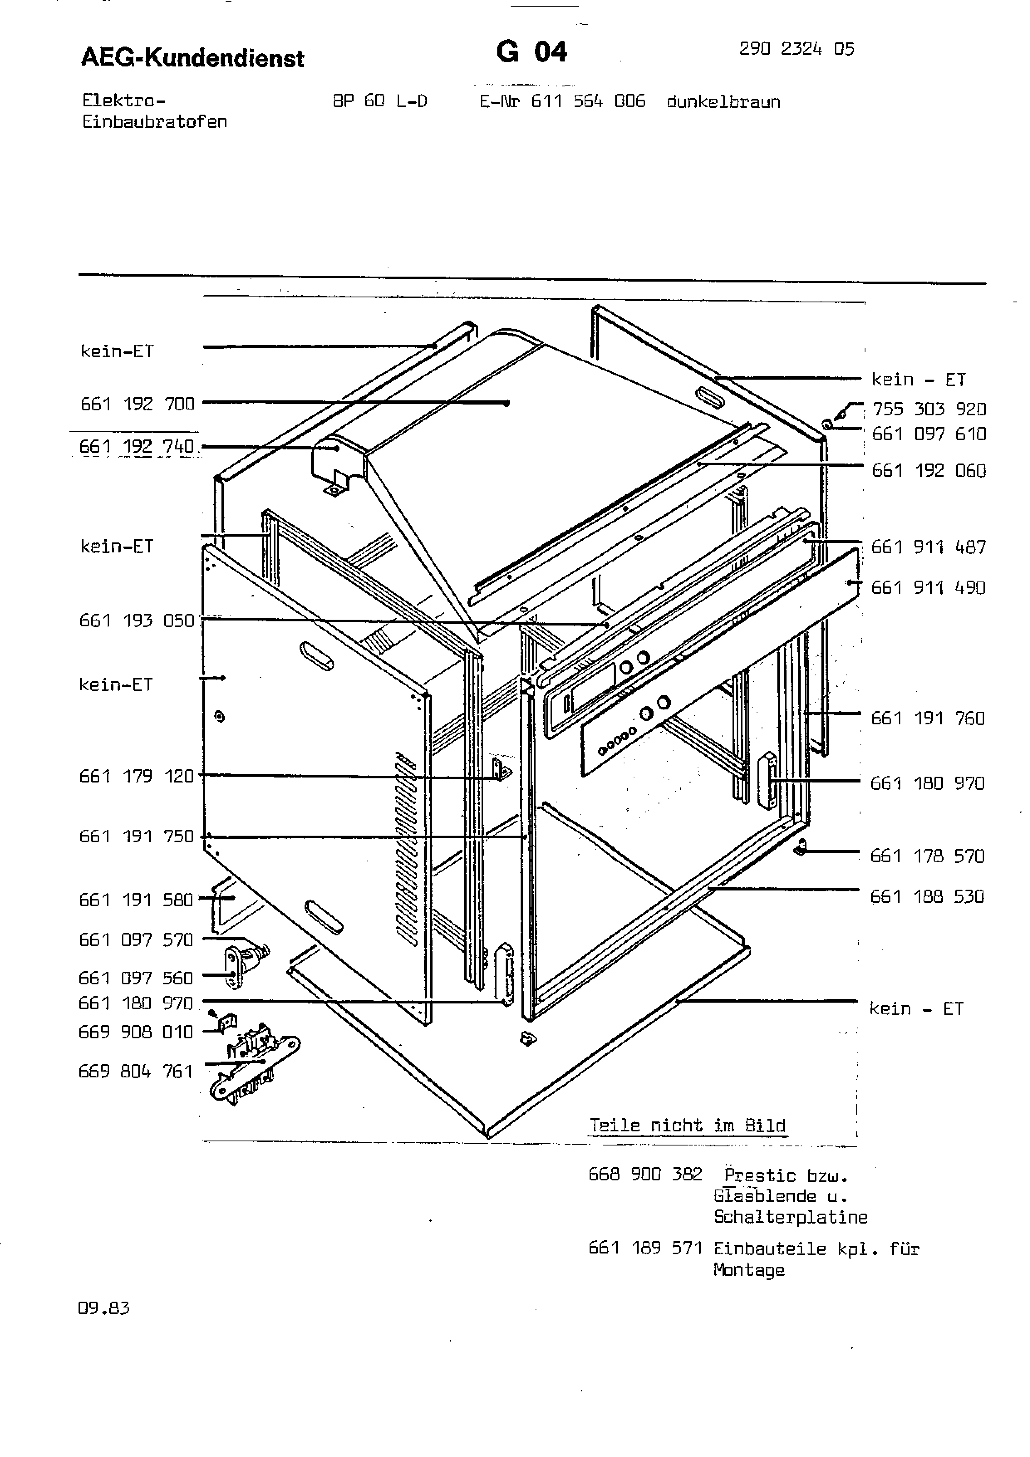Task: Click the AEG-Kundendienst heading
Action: pyautogui.click(x=192, y=59)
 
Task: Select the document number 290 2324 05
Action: pyautogui.click(x=796, y=49)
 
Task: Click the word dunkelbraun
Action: pyautogui.click(x=723, y=101)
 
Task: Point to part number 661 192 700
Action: pyautogui.click(x=137, y=404)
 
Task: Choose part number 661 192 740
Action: pyautogui.click(x=136, y=447)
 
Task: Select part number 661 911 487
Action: pyautogui.click(x=929, y=547)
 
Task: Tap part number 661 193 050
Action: pyautogui.click(x=136, y=620)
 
